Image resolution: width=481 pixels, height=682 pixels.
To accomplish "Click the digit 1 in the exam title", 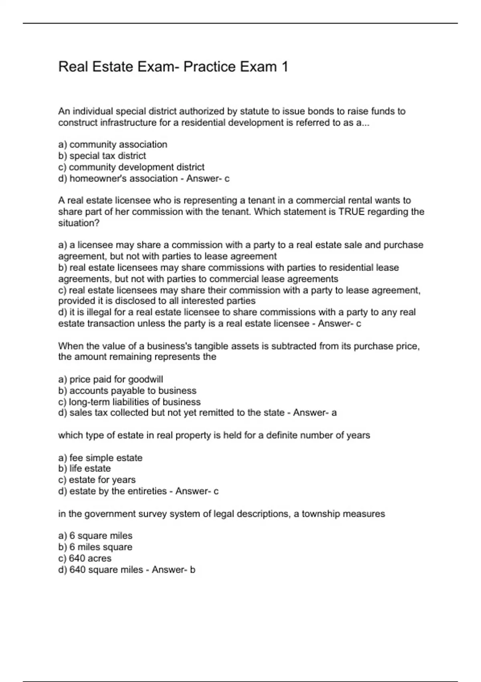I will pos(284,67).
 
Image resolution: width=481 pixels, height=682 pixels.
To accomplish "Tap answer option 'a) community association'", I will pos(113,144).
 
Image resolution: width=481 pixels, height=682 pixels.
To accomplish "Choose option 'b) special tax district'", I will pos(102,156).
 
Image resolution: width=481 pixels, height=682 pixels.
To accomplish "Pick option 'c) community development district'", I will pos(131,167).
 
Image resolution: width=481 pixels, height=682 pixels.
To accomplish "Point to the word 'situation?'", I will pos(79,223).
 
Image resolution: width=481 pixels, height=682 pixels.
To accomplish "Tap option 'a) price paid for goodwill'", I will pos(111,379).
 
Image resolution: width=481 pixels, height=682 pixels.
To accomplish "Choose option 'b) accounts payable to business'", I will pos(127,390).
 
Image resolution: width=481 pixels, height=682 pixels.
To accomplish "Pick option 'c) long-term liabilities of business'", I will pos(129,402).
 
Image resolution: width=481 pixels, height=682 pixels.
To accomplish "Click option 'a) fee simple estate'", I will pos(100,458).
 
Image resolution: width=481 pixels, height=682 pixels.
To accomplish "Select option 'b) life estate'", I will pos(84,468).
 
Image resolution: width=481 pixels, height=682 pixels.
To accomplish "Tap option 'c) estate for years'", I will pos(97,479).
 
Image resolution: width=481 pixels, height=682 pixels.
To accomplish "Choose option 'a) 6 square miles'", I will pos(95,536).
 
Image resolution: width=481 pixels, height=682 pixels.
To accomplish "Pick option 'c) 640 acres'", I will pos(85,558).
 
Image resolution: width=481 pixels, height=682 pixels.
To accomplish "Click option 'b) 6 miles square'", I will pos(95,547).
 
